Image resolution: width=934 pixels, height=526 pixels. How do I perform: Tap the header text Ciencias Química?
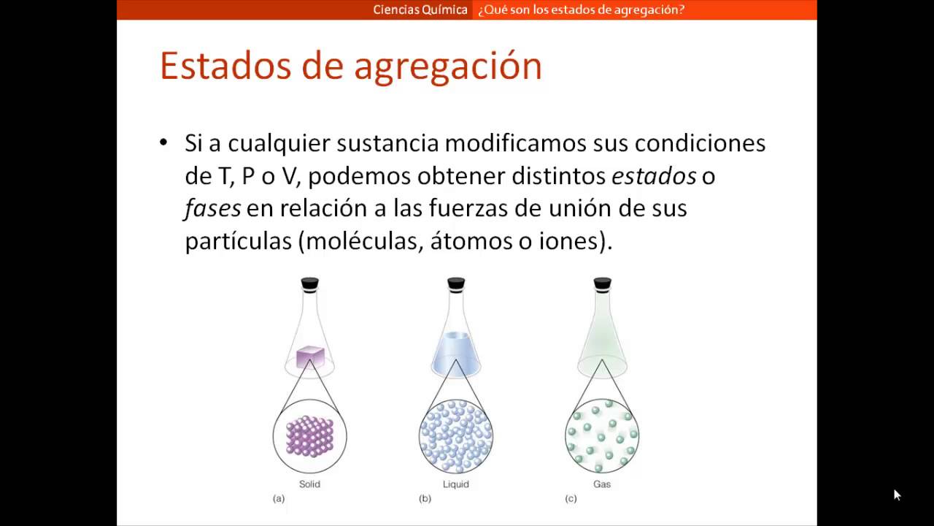coord(420,9)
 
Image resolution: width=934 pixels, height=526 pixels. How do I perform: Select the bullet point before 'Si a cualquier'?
coord(163,142)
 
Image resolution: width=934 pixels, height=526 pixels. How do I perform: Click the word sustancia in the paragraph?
coord(387,143)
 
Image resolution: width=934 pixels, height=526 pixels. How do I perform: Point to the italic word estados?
coord(653,176)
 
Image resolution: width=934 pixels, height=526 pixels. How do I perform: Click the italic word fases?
coord(212,208)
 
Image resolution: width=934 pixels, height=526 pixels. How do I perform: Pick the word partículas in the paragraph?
coord(238,241)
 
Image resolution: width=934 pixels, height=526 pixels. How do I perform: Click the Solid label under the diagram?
coord(309,484)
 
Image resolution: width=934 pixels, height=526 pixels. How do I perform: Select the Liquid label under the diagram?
coord(455,484)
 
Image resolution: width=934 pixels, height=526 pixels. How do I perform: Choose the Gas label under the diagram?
coord(601,484)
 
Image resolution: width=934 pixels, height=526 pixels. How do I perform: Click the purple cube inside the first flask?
coord(310,357)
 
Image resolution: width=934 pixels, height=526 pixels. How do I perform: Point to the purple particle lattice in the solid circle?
coord(309,436)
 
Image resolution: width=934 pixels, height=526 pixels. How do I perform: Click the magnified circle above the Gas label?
coord(601,436)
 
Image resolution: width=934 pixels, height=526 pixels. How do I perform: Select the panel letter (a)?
coord(279,498)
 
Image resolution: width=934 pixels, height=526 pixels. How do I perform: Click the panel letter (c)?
coord(571,498)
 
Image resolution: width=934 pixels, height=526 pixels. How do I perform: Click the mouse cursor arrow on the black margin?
coord(897,495)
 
